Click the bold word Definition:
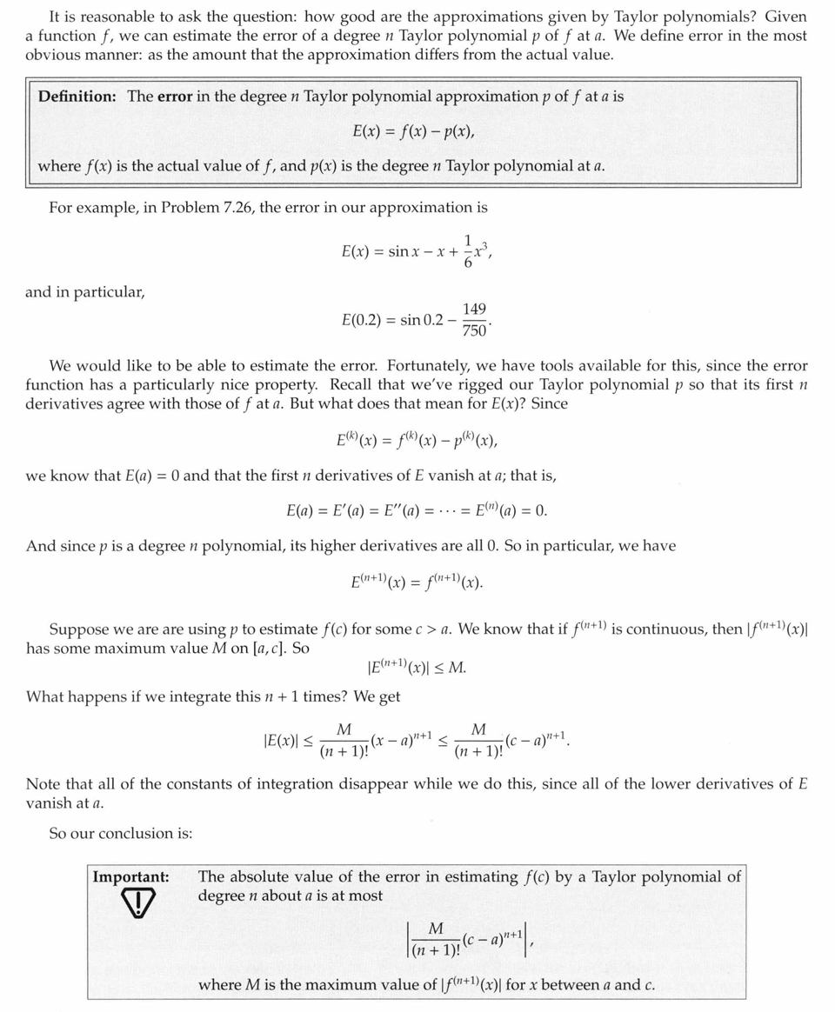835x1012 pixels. [x=77, y=97]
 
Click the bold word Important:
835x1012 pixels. [x=131, y=877]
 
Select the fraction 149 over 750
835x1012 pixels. [x=474, y=320]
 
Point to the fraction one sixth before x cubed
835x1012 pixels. [x=468, y=250]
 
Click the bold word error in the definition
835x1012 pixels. [x=175, y=97]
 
